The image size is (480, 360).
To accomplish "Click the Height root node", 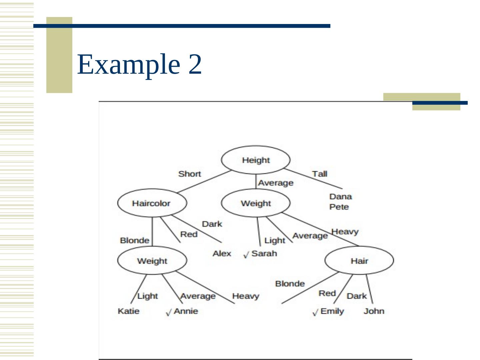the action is coord(256,160).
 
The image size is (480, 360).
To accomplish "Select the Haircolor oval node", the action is coord(152,203).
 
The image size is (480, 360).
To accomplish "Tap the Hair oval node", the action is coord(359,261).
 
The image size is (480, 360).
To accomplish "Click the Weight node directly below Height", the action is coord(256,203).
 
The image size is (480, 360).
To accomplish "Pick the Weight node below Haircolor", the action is coord(152,261).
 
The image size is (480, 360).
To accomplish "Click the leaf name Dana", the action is coord(340,196).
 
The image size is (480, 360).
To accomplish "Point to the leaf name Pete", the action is coord(339,207).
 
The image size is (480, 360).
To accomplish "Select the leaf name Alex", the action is coord(222,253).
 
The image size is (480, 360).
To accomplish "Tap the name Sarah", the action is coord(264,253).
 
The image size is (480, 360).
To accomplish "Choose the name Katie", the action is coord(128,311).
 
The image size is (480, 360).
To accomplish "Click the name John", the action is coord(374,311).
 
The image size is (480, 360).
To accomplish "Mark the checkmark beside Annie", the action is coord(169,312).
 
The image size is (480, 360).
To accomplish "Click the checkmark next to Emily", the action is coord(315,312).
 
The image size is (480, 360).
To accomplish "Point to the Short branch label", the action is coord(189,174).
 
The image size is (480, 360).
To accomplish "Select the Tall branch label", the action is coord(319,174).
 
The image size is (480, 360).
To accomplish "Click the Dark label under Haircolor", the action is coord(212,224).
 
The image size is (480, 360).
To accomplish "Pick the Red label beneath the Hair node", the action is coord(327,293).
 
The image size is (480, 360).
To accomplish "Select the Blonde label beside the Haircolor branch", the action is coord(134,240).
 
